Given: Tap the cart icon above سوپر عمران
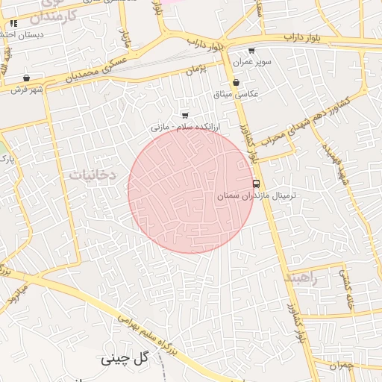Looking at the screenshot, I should coord(251,51).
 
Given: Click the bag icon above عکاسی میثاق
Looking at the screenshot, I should coord(236,82).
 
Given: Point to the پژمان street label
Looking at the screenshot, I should coord(196,69).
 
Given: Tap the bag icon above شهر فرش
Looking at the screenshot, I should coord(27,78).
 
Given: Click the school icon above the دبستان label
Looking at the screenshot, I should coord(14,24).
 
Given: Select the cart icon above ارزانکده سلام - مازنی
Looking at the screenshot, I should coord(185,115).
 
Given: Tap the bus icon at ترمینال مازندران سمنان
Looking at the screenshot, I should coord(257,183).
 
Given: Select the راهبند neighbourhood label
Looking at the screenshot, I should coord(301,277).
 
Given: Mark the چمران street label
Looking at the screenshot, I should coord(340,365).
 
